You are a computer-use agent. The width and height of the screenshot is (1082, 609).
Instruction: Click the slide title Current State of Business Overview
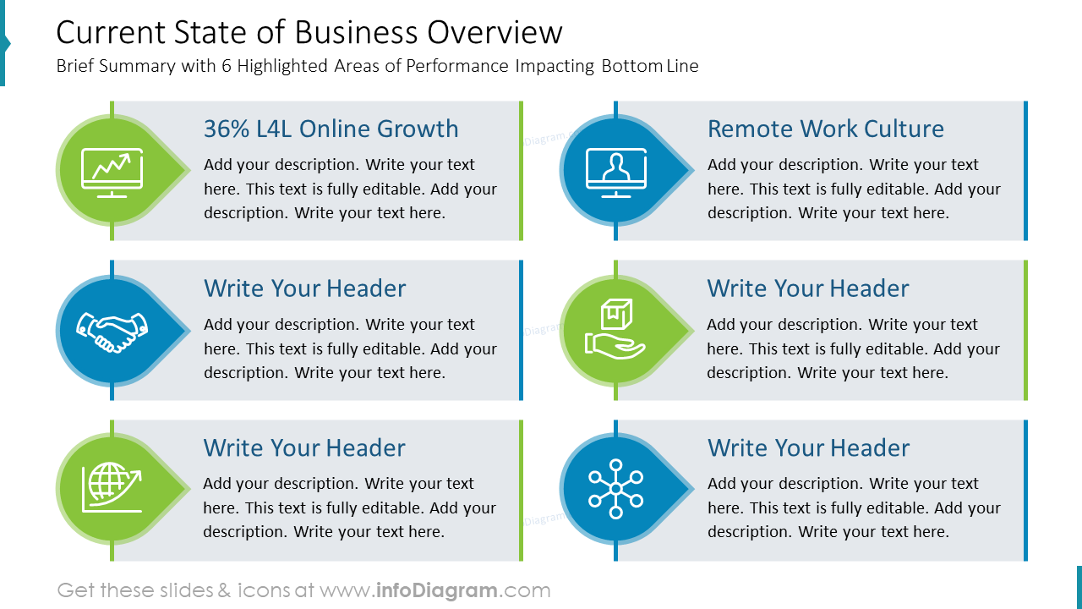309,33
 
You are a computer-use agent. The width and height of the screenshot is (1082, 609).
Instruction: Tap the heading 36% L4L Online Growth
331,129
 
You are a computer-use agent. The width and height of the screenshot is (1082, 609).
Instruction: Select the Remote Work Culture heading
825,129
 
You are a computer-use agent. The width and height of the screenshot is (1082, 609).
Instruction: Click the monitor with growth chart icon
112,172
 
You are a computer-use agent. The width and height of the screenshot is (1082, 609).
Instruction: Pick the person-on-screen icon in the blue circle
615,172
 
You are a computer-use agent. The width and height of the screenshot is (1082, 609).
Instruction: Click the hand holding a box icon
615,329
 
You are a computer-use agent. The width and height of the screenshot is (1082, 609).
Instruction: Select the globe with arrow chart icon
112,488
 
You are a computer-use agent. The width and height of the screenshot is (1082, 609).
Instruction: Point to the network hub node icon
615,489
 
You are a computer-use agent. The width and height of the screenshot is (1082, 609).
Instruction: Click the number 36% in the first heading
221,129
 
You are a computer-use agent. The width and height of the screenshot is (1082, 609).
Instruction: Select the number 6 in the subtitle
227,66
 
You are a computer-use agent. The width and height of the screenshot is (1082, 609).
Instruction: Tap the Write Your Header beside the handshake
304,288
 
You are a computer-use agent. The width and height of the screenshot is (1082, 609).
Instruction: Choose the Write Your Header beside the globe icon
304,447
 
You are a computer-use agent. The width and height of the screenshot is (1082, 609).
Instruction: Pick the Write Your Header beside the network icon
808,447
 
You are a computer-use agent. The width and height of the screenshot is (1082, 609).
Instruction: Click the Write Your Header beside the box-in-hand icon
808,288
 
